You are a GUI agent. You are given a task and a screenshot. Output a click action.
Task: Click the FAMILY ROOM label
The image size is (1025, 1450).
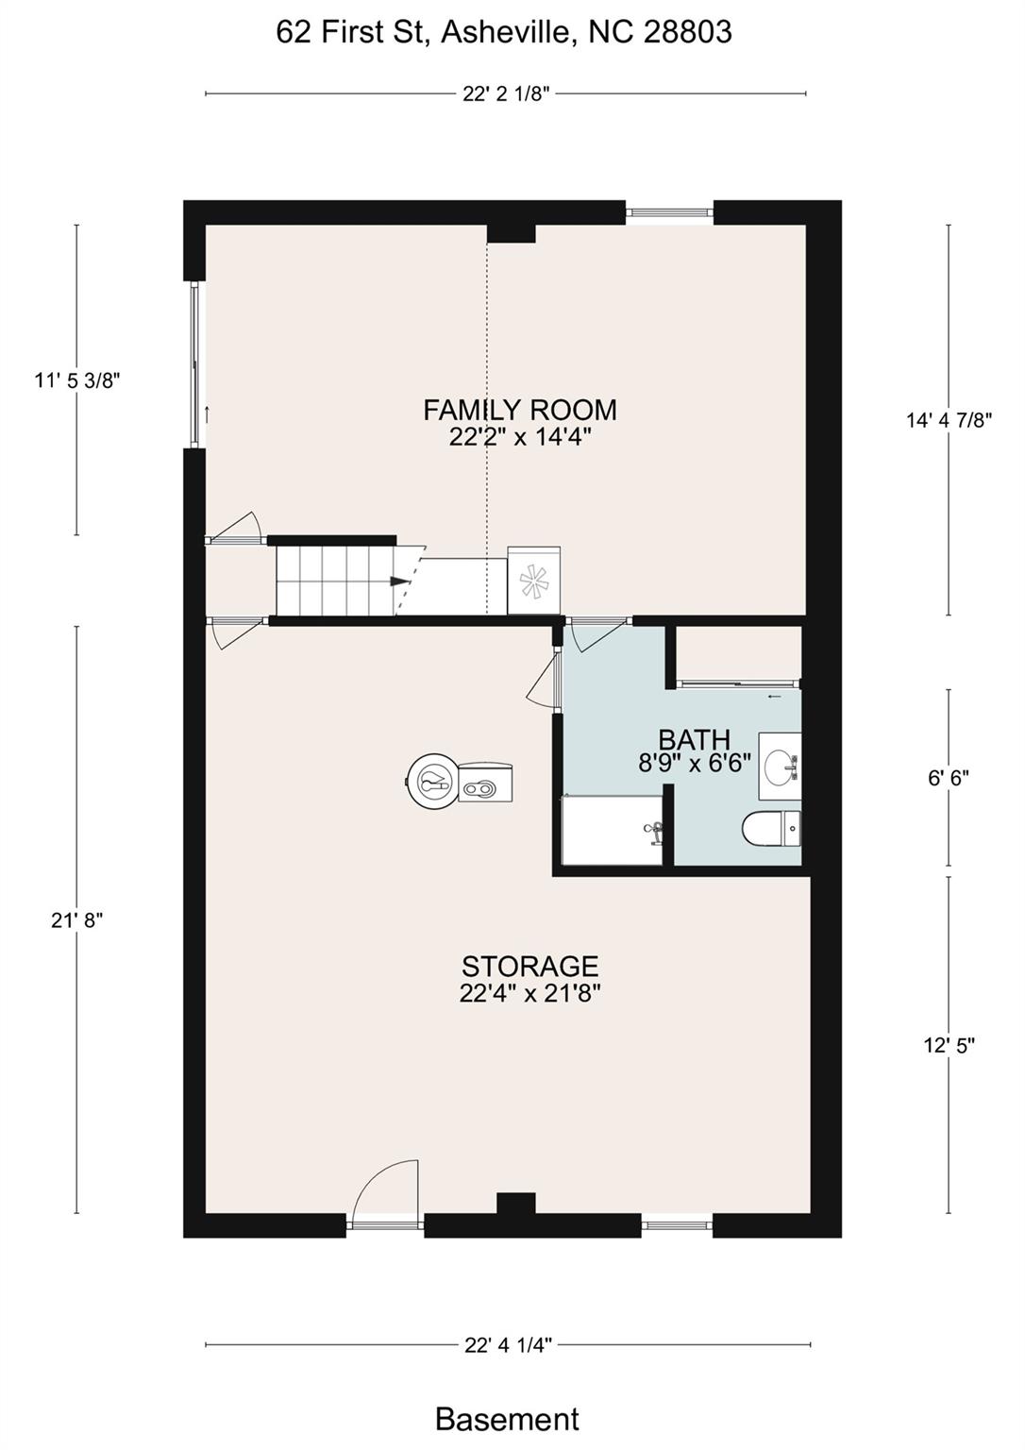pos(520,410)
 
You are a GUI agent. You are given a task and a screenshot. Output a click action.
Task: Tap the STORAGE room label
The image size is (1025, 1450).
pos(530,967)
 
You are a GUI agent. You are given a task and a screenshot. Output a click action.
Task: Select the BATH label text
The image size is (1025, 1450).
pos(695,739)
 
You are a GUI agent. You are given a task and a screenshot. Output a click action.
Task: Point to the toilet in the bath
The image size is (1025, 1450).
pos(771,829)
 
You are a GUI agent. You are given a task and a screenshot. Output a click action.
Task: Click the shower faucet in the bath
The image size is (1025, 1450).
pos(653,831)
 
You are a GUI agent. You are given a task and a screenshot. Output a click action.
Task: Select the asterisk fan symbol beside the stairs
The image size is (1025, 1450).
pos(535,580)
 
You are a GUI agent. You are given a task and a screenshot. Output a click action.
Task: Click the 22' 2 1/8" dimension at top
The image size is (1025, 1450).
pos(506,94)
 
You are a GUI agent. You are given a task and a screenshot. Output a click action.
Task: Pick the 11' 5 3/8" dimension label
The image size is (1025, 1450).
pos(77,380)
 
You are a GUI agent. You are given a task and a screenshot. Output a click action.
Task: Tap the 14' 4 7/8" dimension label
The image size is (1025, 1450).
pos(949,421)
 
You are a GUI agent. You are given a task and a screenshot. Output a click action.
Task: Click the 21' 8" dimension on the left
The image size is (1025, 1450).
pos(77,919)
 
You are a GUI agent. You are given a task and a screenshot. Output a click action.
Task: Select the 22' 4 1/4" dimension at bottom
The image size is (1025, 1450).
pos(508,1345)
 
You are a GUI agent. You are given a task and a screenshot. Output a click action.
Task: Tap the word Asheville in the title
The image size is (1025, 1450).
pos(509,32)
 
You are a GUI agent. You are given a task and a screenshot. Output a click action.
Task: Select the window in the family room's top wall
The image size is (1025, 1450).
pos(669,211)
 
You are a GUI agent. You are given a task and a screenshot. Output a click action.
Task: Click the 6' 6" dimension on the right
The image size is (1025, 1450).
pos(949,778)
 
